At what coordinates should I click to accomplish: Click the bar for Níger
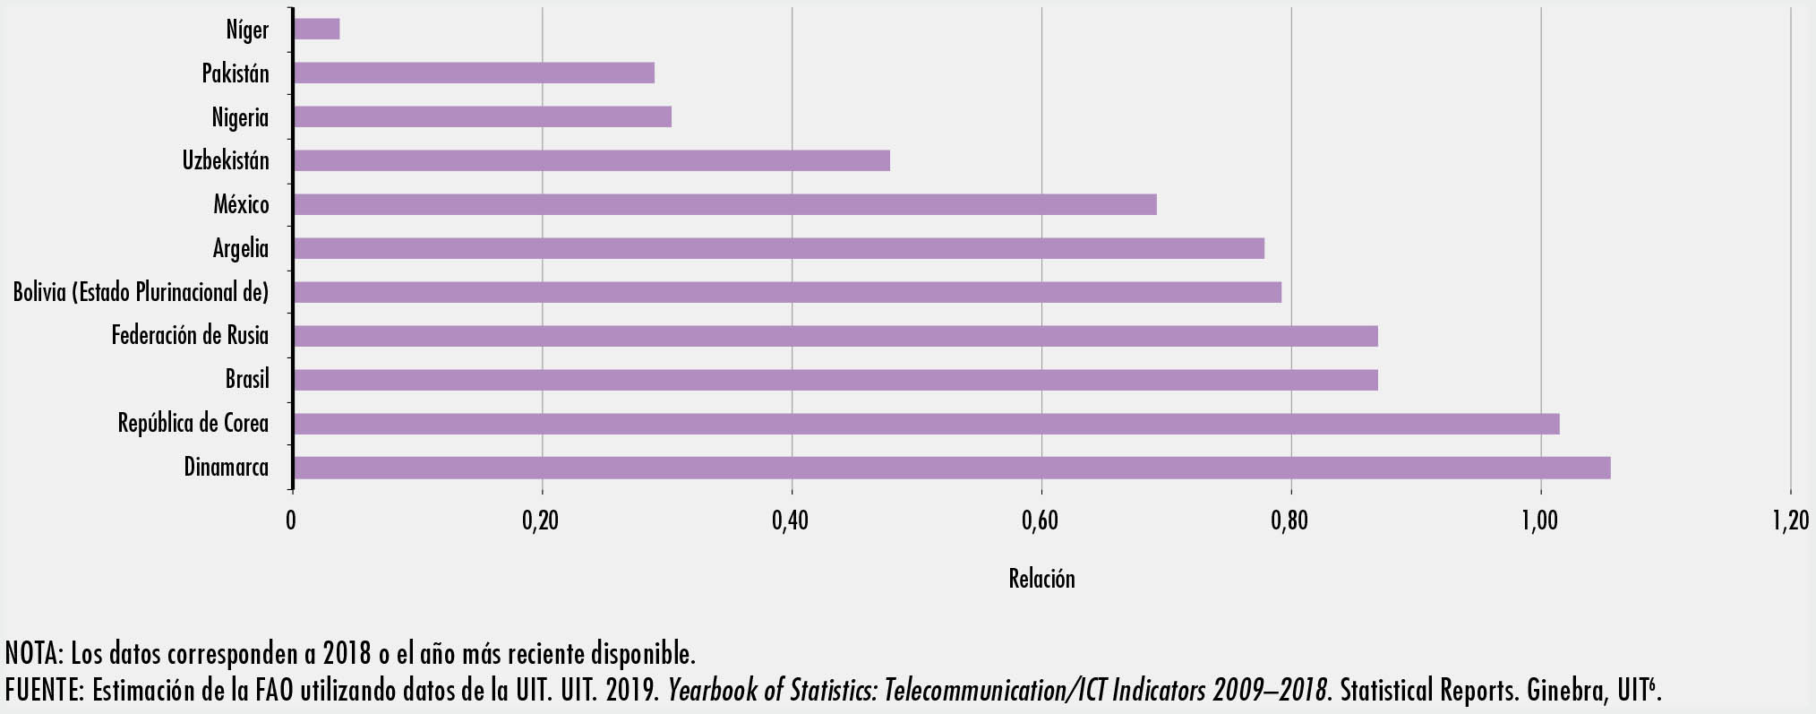point(316,30)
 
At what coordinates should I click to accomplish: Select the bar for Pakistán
point(474,73)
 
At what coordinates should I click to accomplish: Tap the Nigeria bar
point(482,116)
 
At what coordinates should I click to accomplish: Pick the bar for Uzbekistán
point(591,160)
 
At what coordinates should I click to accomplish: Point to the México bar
point(724,204)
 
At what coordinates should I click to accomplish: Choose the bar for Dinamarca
point(951,468)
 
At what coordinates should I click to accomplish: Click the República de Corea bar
point(926,424)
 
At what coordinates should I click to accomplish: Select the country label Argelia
point(241,248)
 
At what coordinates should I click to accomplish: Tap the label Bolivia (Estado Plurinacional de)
point(141,292)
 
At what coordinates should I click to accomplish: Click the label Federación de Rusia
point(190,336)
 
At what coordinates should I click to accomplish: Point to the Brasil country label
point(247,379)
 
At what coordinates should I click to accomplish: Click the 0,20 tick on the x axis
point(540,520)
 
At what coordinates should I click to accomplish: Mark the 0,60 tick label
point(1040,520)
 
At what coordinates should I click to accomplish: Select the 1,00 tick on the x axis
point(1539,520)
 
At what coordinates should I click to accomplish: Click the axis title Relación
point(1041,579)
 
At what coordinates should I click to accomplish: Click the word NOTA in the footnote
point(32,652)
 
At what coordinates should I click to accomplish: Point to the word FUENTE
point(41,691)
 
